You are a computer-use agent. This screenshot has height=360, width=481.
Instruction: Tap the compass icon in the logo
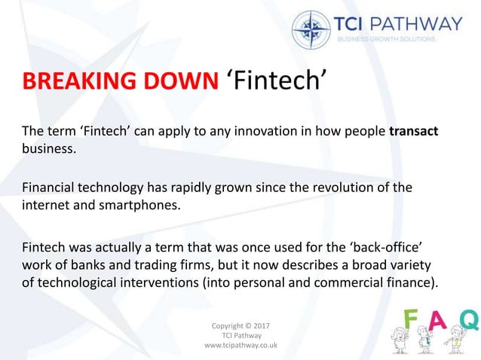point(311,29)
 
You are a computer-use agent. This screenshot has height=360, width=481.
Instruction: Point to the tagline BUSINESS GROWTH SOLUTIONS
point(386,38)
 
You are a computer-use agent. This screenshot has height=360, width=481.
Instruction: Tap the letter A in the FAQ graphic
point(438,321)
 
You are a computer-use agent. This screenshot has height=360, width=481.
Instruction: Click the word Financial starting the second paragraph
point(48,187)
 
